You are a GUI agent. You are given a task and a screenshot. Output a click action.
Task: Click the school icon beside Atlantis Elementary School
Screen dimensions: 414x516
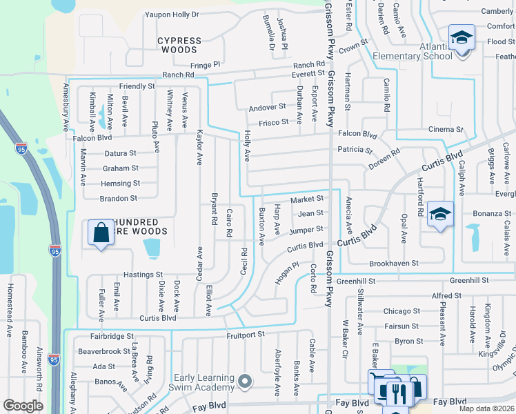(462, 37)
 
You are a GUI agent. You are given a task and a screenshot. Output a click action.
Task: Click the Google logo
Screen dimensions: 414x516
(23, 406)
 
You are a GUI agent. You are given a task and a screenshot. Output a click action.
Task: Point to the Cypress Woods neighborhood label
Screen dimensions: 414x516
(179, 46)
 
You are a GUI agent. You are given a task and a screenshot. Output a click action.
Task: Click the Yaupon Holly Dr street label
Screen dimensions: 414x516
(172, 14)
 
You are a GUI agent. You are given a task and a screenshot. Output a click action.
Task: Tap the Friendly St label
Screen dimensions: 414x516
(137, 86)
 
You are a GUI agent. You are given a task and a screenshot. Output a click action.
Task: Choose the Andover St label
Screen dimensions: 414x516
(267, 107)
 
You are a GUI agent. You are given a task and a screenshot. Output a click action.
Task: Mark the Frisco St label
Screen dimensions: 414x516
(274, 122)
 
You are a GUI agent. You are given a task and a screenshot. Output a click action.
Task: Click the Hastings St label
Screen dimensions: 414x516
(143, 275)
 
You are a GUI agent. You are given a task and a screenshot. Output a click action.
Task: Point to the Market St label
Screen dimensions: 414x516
(307, 199)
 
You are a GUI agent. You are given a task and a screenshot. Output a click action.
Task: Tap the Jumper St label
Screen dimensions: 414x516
(306, 229)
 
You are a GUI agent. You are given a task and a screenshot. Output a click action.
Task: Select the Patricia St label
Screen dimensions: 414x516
(355, 150)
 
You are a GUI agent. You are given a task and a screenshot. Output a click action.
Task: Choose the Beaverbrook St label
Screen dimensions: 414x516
(103, 351)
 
